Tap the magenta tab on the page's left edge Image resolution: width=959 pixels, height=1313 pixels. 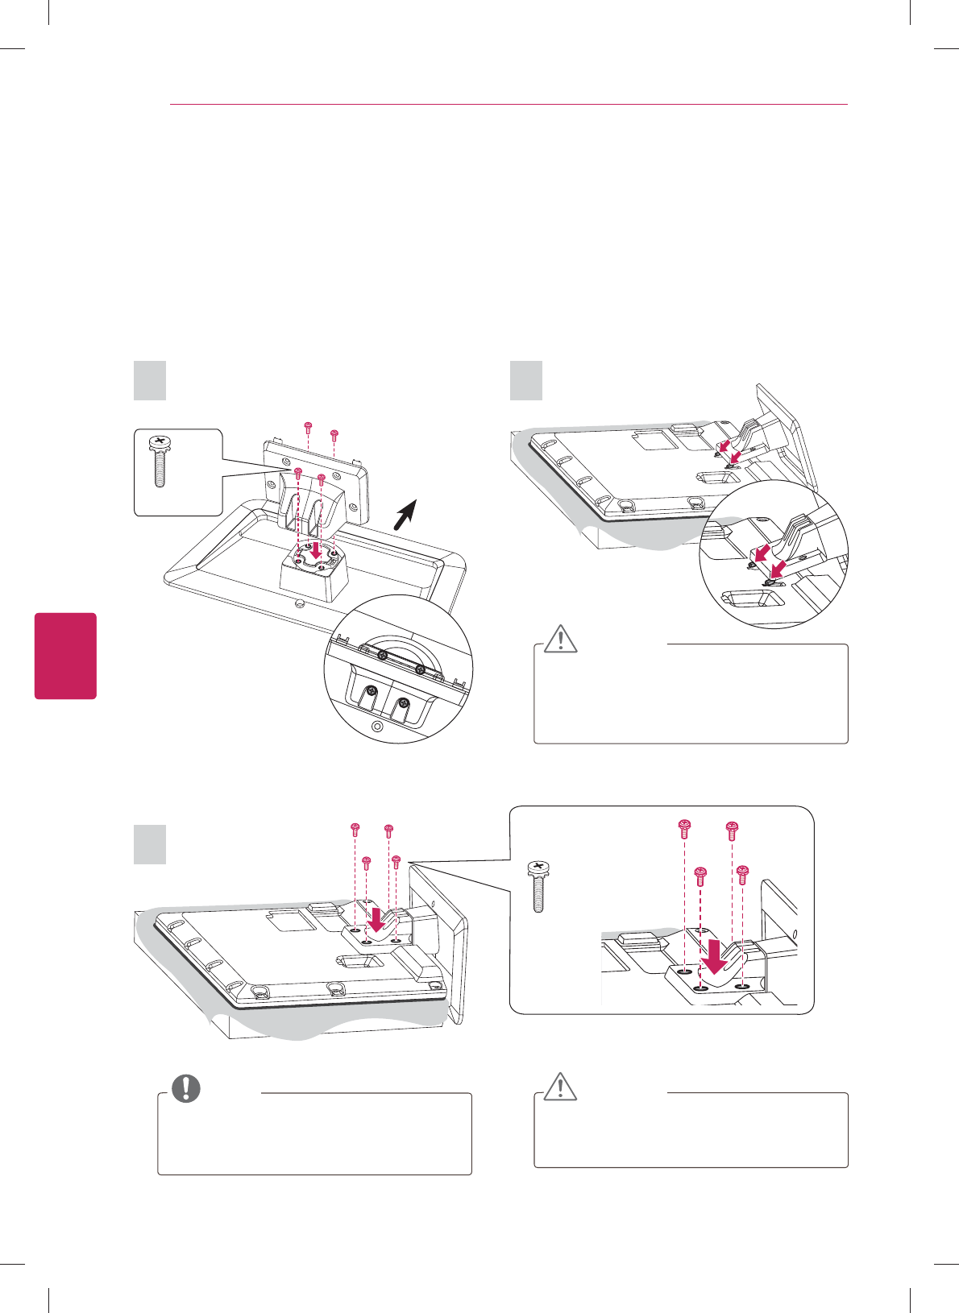coord(65,656)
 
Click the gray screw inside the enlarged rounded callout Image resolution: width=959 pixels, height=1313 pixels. coord(538,886)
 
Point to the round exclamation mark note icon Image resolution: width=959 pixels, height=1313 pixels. coord(186,1088)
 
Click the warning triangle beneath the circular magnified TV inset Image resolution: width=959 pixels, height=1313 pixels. coord(561,638)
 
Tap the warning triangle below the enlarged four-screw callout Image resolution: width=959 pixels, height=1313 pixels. coord(561,1087)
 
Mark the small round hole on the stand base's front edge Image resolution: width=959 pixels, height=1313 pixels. coord(299,602)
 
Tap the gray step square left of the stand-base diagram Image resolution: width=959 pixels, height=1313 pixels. coord(149,381)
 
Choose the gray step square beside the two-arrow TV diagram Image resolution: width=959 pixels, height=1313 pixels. coord(526,381)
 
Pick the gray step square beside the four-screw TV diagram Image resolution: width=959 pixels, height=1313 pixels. coord(149,845)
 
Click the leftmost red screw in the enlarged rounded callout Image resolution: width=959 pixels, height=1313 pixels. coord(684,826)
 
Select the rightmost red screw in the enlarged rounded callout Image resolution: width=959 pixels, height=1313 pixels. coord(743,872)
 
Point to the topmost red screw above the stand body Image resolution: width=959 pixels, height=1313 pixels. coord(307,425)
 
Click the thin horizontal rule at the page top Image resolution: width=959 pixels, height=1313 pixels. coord(509,105)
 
